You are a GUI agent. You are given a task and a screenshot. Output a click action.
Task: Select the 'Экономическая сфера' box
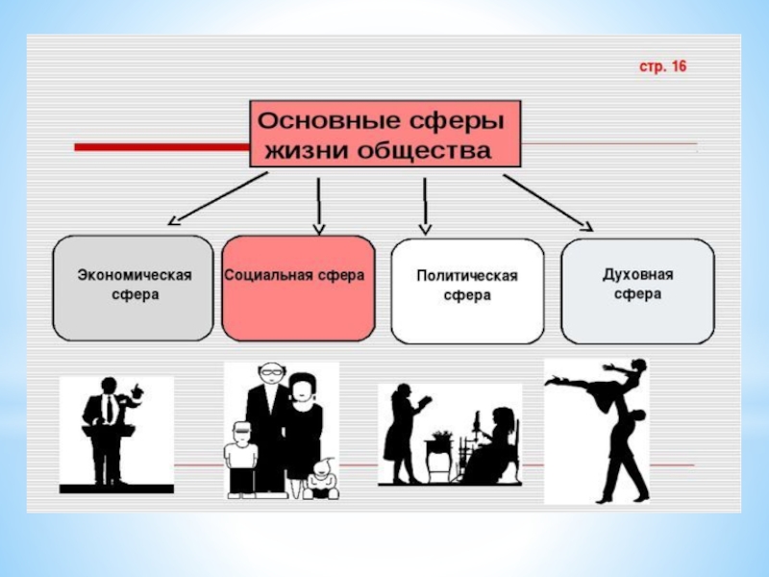click(133, 288)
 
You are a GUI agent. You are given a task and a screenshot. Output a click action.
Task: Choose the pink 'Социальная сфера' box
click(298, 288)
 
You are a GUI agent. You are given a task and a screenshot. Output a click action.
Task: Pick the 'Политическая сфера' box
click(467, 291)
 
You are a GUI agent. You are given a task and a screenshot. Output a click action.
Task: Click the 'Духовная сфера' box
click(637, 290)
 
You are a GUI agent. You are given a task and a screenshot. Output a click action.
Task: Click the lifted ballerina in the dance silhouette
click(601, 381)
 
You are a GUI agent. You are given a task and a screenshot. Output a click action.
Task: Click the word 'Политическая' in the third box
click(467, 276)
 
